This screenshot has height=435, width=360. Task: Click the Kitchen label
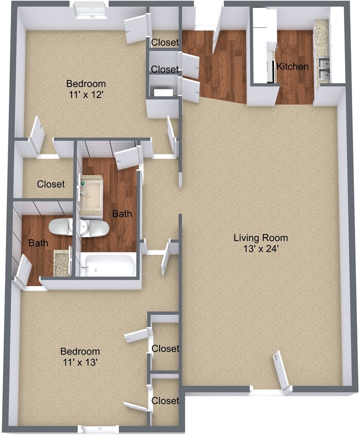pos(293,66)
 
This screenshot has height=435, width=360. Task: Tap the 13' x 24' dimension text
pos(261,249)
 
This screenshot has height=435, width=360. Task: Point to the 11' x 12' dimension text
pos(86,95)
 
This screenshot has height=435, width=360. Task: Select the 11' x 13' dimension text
pos(80,362)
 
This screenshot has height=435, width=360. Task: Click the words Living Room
pos(261,238)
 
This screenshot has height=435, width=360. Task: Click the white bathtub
pos(108,265)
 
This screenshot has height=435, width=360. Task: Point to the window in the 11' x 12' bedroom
pos(91,10)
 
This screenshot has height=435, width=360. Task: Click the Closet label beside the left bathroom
pos(51,184)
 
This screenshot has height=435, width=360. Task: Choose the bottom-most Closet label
pos(165,400)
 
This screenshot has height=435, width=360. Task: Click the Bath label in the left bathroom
pos(38,243)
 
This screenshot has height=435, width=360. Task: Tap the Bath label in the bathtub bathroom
pos(122,213)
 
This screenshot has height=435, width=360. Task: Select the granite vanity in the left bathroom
pos(62,263)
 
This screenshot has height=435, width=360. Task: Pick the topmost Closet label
pos(165,42)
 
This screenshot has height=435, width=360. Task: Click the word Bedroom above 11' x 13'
pos(80,351)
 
